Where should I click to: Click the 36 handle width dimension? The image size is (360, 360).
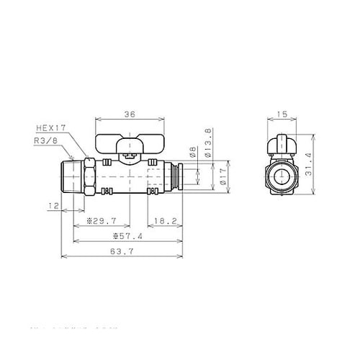coord(130,114)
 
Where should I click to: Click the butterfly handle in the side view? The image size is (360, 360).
coord(130,143)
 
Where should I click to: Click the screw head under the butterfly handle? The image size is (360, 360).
coord(130,154)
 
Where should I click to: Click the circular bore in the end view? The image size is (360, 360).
coord(281,176)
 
